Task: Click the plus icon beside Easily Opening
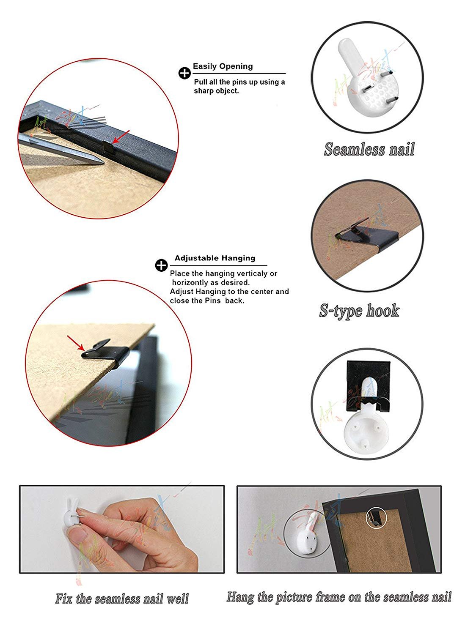184,73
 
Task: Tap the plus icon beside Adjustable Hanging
161,265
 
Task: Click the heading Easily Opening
223,66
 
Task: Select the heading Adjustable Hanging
215,258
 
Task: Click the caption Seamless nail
369,149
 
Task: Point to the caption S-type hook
359,311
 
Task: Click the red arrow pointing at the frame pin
121,137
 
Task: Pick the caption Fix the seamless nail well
122,598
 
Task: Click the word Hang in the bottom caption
240,597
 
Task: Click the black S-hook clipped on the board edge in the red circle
105,353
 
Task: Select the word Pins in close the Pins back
213,301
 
